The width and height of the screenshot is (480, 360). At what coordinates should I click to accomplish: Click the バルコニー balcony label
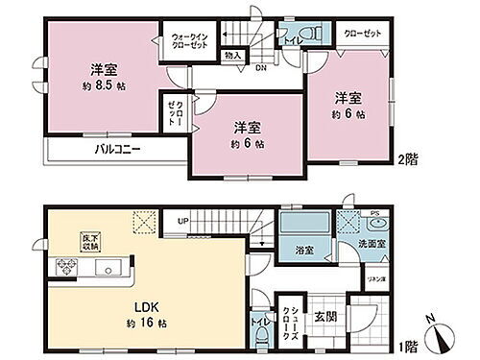pos(118,151)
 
